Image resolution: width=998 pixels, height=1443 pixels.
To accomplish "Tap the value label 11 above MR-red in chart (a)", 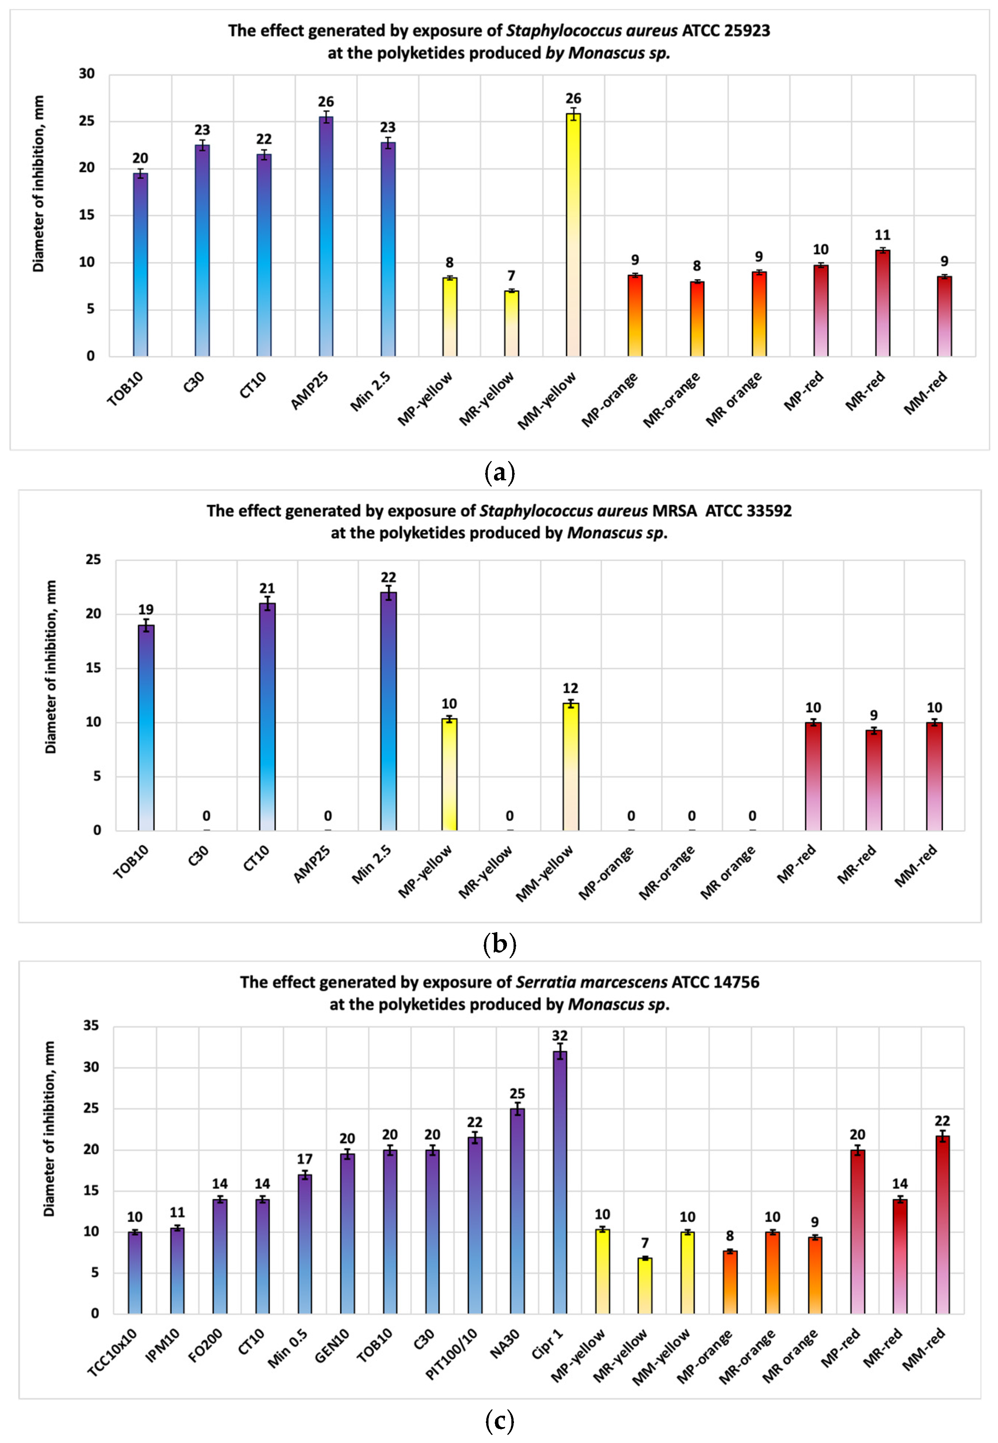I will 882,235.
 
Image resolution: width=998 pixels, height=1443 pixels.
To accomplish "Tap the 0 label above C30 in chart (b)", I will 206,816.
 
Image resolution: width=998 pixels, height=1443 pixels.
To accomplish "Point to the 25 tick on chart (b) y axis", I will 93,560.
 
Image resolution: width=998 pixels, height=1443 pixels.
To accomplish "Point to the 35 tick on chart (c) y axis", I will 91,1025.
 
